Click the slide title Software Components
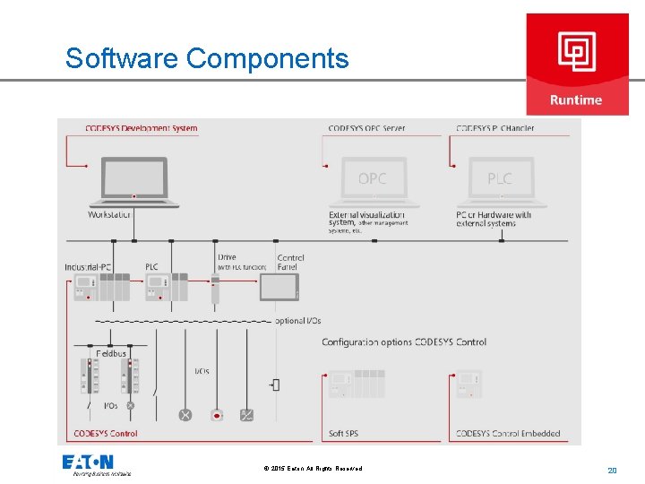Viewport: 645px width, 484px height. tap(207, 58)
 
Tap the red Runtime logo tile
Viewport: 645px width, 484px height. tap(577, 64)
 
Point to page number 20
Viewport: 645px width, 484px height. tap(613, 470)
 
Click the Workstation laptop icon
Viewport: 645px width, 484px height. tap(133, 182)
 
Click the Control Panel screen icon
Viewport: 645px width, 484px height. tap(278, 288)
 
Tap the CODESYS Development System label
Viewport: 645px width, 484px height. tap(142, 128)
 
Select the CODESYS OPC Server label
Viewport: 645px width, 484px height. tap(366, 128)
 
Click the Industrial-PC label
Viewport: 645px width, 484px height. tap(88, 267)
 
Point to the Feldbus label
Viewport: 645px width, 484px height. tap(111, 354)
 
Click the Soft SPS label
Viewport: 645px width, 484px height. tap(343, 434)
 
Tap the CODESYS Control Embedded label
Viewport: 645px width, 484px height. tap(508, 434)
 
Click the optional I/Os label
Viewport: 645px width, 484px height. tap(297, 321)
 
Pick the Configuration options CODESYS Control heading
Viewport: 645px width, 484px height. tap(404, 342)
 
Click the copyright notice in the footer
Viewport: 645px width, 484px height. tap(314, 469)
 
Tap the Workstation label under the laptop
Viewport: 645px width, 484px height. tap(109, 215)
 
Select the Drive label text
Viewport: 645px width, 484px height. tap(228, 258)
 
